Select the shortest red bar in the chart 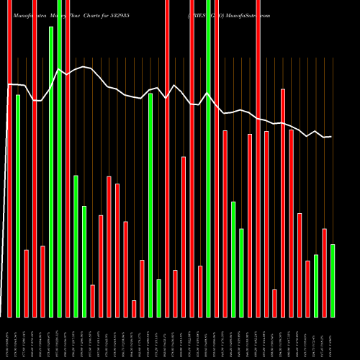tap(134, 309)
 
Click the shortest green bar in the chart tap(158, 298)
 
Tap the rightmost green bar tap(332, 281)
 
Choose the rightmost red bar tap(324, 273)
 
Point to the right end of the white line tap(332, 137)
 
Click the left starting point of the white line tap(9, 85)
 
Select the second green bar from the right tap(315, 286)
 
